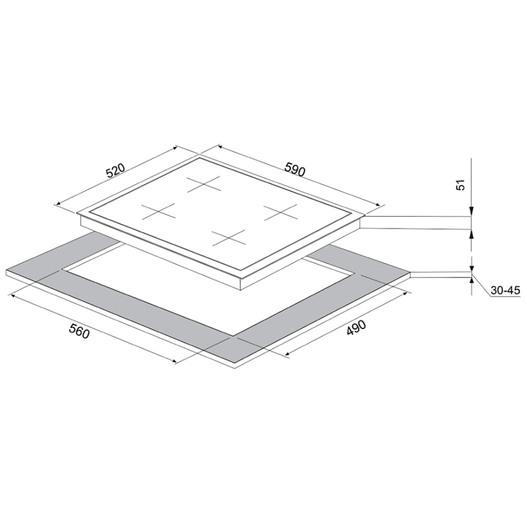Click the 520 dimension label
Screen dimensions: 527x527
[115, 171]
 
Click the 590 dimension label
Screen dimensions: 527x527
[295, 169]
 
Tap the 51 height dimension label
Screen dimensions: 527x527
[461, 185]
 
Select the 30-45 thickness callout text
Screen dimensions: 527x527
[505, 290]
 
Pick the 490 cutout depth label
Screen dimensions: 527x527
[356, 328]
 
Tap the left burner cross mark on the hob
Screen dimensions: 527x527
[158, 211]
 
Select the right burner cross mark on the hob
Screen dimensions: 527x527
[280, 213]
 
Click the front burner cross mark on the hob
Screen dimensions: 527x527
[228, 238]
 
